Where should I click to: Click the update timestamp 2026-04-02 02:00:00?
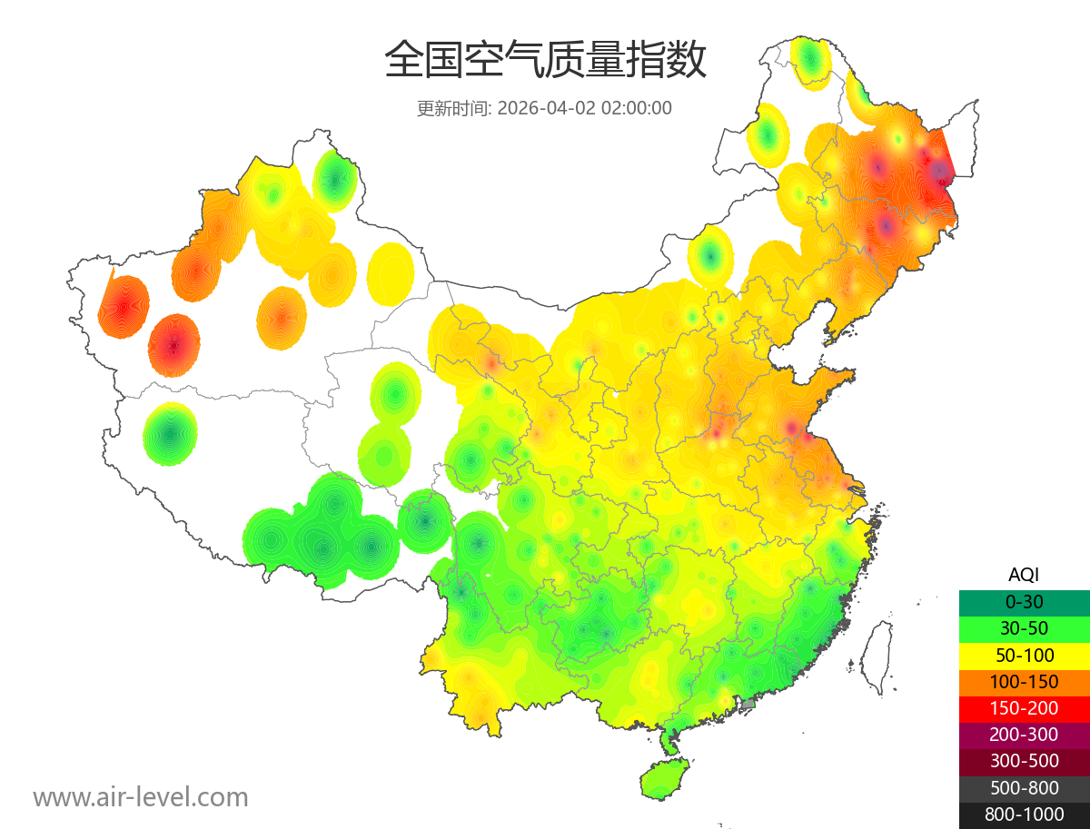pyautogui.click(x=585, y=108)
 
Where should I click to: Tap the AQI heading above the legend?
pyautogui.click(x=1024, y=574)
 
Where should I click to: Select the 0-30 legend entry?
pyautogui.click(x=1024, y=601)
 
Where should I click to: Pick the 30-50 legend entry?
pyautogui.click(x=1024, y=627)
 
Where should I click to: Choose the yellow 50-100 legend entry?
pyautogui.click(x=1024, y=655)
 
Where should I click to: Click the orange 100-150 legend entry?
pyautogui.click(x=1024, y=681)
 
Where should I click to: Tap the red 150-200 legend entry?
pyautogui.click(x=1024, y=708)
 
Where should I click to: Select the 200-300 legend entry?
pyautogui.click(x=1024, y=735)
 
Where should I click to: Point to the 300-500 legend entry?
pyautogui.click(x=1024, y=761)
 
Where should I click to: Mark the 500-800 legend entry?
pyautogui.click(x=1024, y=788)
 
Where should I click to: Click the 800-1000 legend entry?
pyautogui.click(x=1024, y=814)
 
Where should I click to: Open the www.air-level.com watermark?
pyautogui.click(x=141, y=797)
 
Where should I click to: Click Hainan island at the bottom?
pyautogui.click(x=664, y=779)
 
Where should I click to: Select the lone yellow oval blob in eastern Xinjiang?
pyautogui.click(x=391, y=273)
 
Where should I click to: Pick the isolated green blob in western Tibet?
pyautogui.click(x=170, y=434)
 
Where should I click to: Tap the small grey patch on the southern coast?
pyautogui.click(x=748, y=703)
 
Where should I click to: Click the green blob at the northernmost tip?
pyautogui.click(x=810, y=60)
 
